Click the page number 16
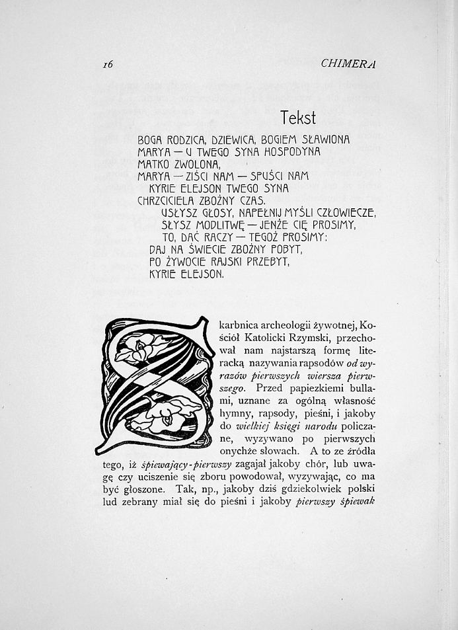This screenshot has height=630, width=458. tap(108, 64)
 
